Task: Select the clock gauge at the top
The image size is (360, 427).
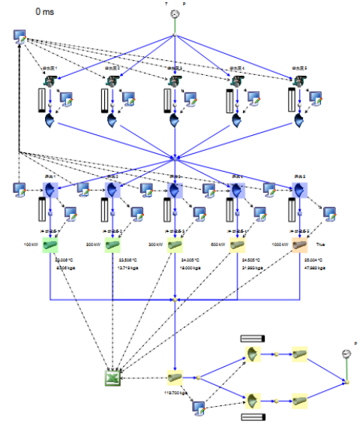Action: pyautogui.click(x=175, y=14)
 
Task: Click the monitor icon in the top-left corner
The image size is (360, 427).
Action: pyautogui.click(x=21, y=37)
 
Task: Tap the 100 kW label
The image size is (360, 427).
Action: pyautogui.click(x=31, y=245)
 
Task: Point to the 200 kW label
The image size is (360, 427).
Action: pyautogui.click(x=94, y=245)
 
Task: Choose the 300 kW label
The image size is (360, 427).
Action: pyautogui.click(x=157, y=245)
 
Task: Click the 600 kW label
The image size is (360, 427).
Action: pyautogui.click(x=219, y=245)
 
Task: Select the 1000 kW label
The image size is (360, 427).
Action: pyautogui.click(x=280, y=245)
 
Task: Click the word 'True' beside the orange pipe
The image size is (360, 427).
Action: pyautogui.click(x=320, y=245)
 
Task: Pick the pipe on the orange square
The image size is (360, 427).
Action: pyautogui.click(x=300, y=245)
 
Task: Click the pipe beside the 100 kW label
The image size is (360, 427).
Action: pyautogui.click(x=50, y=245)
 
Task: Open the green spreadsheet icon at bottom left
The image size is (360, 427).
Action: pyautogui.click(x=112, y=377)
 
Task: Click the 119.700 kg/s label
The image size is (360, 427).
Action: pyautogui.click(x=175, y=392)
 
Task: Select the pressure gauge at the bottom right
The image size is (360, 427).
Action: pyautogui.click(x=346, y=353)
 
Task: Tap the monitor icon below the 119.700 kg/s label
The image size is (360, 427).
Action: pyautogui.click(x=199, y=407)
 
